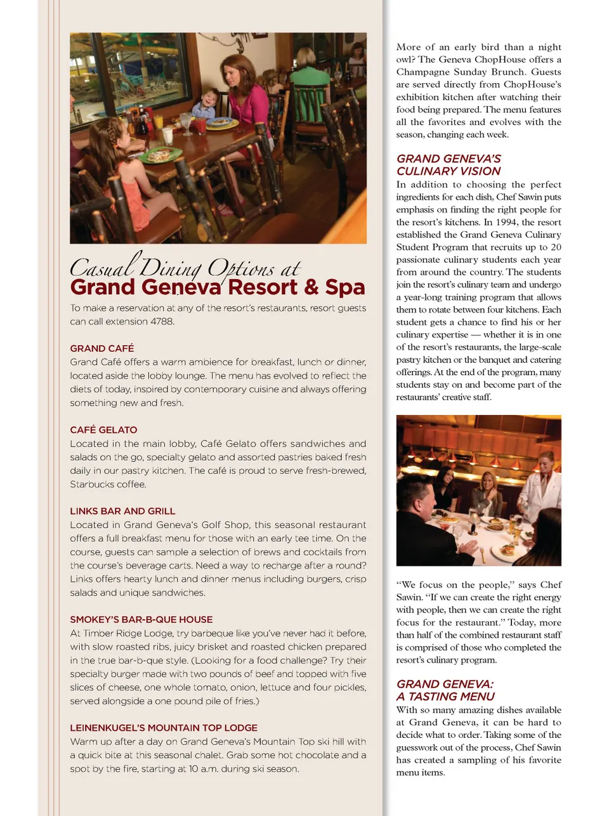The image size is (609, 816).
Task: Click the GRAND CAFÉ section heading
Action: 102,348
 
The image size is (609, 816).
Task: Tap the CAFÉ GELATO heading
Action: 103,430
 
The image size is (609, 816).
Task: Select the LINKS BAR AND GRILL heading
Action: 122,511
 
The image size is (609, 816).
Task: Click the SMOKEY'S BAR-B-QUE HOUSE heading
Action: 141,619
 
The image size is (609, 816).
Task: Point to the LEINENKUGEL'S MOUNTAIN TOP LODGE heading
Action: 164,728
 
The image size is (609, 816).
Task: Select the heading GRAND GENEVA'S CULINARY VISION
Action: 449,165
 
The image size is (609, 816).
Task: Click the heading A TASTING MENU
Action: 445,697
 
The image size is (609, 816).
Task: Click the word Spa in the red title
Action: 344,287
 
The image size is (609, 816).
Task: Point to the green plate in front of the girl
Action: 161,154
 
